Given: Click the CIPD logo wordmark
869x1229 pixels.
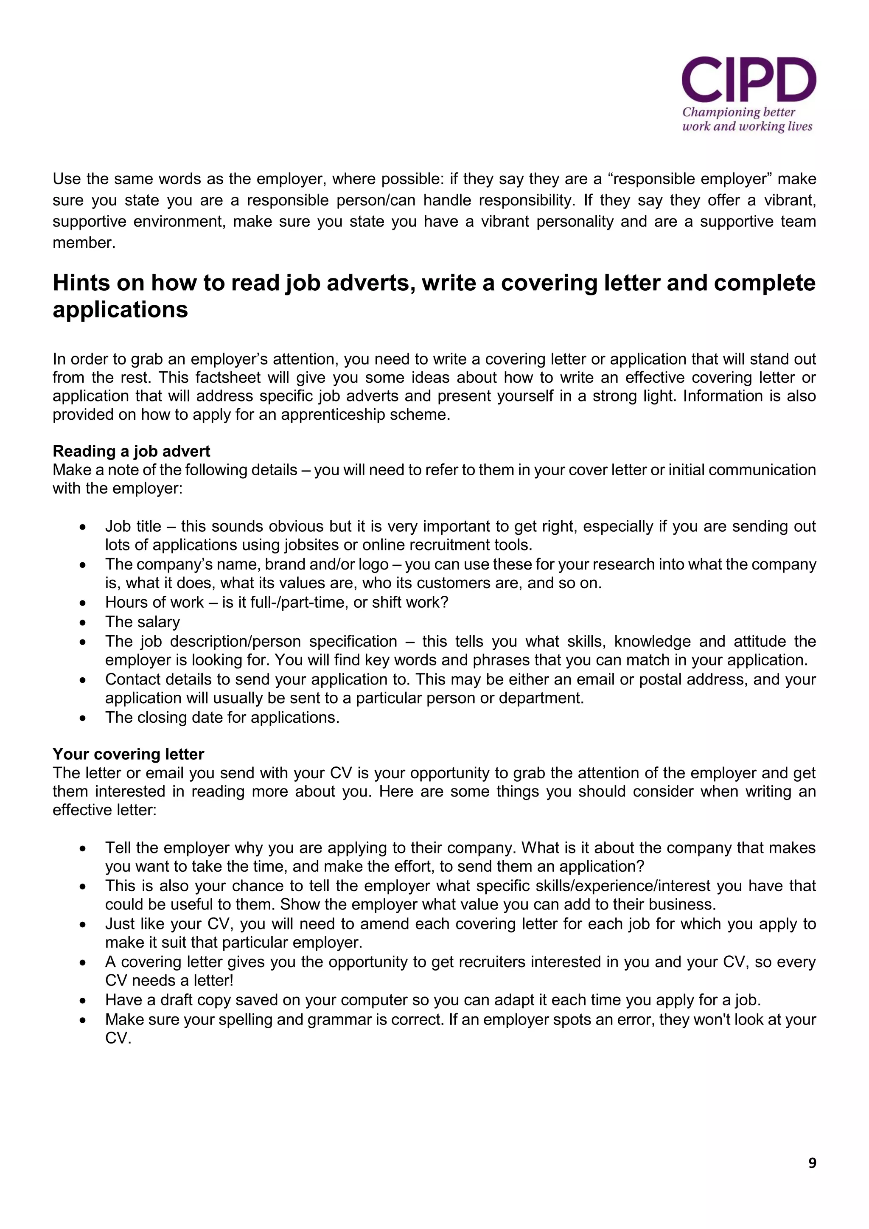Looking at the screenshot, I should [748, 80].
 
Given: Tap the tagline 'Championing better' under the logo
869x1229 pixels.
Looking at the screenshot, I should [738, 112].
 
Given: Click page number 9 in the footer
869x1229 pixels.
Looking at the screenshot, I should [812, 1163].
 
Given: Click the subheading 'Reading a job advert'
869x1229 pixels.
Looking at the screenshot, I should [131, 451].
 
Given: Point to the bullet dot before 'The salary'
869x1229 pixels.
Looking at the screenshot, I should [82, 623].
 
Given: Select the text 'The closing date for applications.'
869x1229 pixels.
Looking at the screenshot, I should [222, 717].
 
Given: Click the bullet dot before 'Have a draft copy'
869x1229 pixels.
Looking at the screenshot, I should [82, 1000].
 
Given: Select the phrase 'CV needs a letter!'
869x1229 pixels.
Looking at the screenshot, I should [169, 981].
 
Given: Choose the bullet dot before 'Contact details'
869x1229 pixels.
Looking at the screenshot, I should [82, 680].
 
